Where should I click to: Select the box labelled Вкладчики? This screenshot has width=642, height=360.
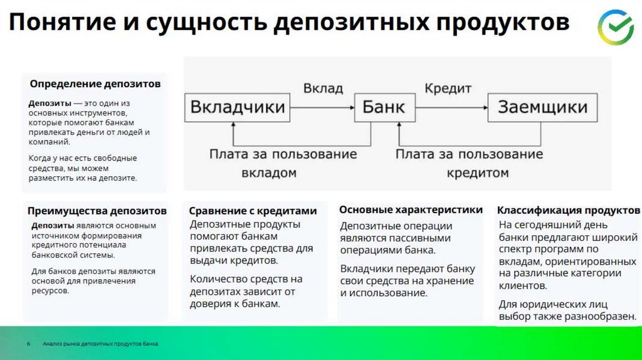tap(238, 107)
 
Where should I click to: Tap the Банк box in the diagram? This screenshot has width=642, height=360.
tap(384, 107)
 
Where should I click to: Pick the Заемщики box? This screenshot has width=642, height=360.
tap(543, 107)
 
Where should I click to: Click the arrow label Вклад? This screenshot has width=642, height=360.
tap(324, 88)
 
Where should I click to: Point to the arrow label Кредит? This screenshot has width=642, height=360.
tap(448, 88)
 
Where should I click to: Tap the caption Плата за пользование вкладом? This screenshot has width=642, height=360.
tap(283, 163)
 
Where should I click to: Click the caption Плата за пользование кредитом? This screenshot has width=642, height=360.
tap(469, 163)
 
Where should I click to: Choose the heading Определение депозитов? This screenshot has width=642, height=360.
tap(95, 83)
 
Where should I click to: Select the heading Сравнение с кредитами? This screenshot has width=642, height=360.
tap(253, 211)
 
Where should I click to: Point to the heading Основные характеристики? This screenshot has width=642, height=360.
tap(411, 209)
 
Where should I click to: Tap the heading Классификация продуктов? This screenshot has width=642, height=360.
tap(569, 210)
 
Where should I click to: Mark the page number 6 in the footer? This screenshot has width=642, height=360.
tap(28, 344)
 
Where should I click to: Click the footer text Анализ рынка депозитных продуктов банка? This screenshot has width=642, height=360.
tap(100, 344)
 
